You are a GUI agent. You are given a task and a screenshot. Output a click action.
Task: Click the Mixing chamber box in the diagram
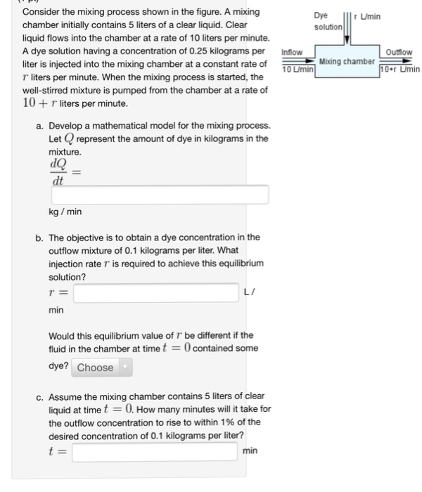[346, 62]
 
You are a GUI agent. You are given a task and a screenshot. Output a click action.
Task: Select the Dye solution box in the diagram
[328, 20]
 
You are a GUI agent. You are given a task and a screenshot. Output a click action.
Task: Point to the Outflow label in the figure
[399, 52]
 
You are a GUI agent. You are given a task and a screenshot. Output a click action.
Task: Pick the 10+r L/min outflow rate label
[399, 70]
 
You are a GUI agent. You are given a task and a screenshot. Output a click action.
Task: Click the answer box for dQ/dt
[159, 195]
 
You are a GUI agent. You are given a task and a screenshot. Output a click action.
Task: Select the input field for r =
[155, 292]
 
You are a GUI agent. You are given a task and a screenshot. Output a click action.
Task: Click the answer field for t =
[153, 451]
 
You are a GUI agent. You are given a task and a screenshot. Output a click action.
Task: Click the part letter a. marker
[40, 126]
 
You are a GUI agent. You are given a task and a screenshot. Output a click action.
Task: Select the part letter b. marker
[40, 238]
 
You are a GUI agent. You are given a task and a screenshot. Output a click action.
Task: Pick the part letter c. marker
[40, 396]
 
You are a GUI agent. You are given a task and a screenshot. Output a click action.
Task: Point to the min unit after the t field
[250, 451]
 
